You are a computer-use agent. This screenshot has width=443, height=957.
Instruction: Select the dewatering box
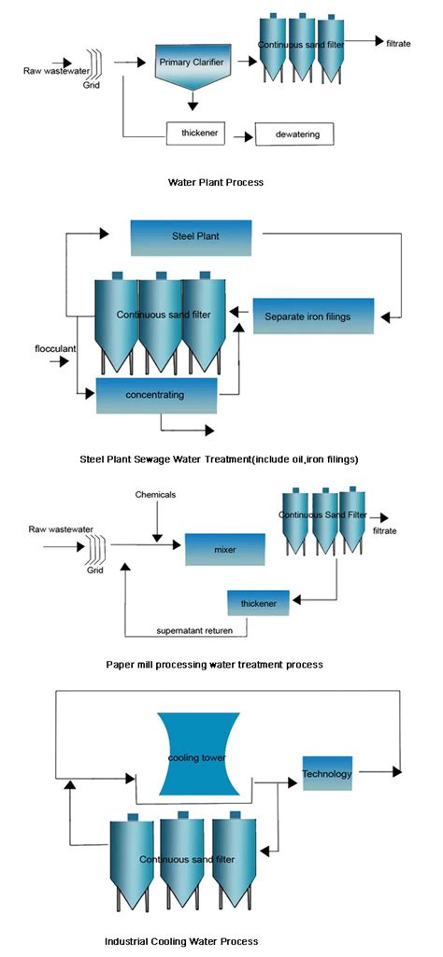pyautogui.click(x=293, y=134)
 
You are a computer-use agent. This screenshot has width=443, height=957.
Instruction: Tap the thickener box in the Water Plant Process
pyautogui.click(x=197, y=134)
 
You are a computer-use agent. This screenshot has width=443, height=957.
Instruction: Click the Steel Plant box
pyautogui.click(x=191, y=237)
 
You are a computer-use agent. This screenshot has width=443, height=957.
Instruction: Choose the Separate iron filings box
pyautogui.click(x=314, y=317)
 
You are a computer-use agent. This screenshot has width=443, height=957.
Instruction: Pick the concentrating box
pyautogui.click(x=156, y=395)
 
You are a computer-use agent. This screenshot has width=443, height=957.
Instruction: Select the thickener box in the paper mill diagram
pyautogui.click(x=258, y=602)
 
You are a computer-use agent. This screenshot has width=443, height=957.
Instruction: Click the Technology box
pyautogui.click(x=326, y=773)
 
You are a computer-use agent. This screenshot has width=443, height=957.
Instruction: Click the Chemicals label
pyautogui.click(x=154, y=494)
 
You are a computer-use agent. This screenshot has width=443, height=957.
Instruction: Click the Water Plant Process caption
pyautogui.click(x=214, y=182)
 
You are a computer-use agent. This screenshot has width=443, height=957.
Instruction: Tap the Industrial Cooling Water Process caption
pyautogui.click(x=181, y=941)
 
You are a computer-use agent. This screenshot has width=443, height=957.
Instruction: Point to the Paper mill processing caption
pyautogui.click(x=214, y=665)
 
